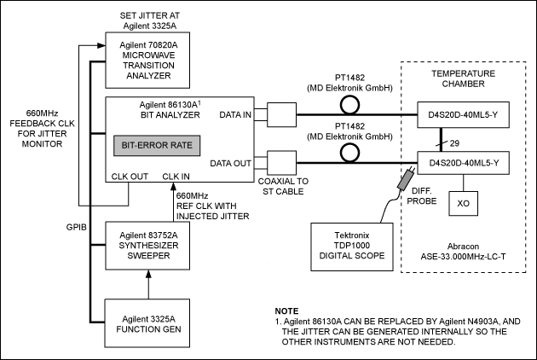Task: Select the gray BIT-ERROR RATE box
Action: (x=154, y=146)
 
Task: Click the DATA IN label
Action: (x=235, y=113)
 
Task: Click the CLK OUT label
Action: (x=129, y=177)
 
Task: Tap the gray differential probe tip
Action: (x=403, y=182)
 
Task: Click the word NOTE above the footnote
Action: (x=287, y=310)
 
